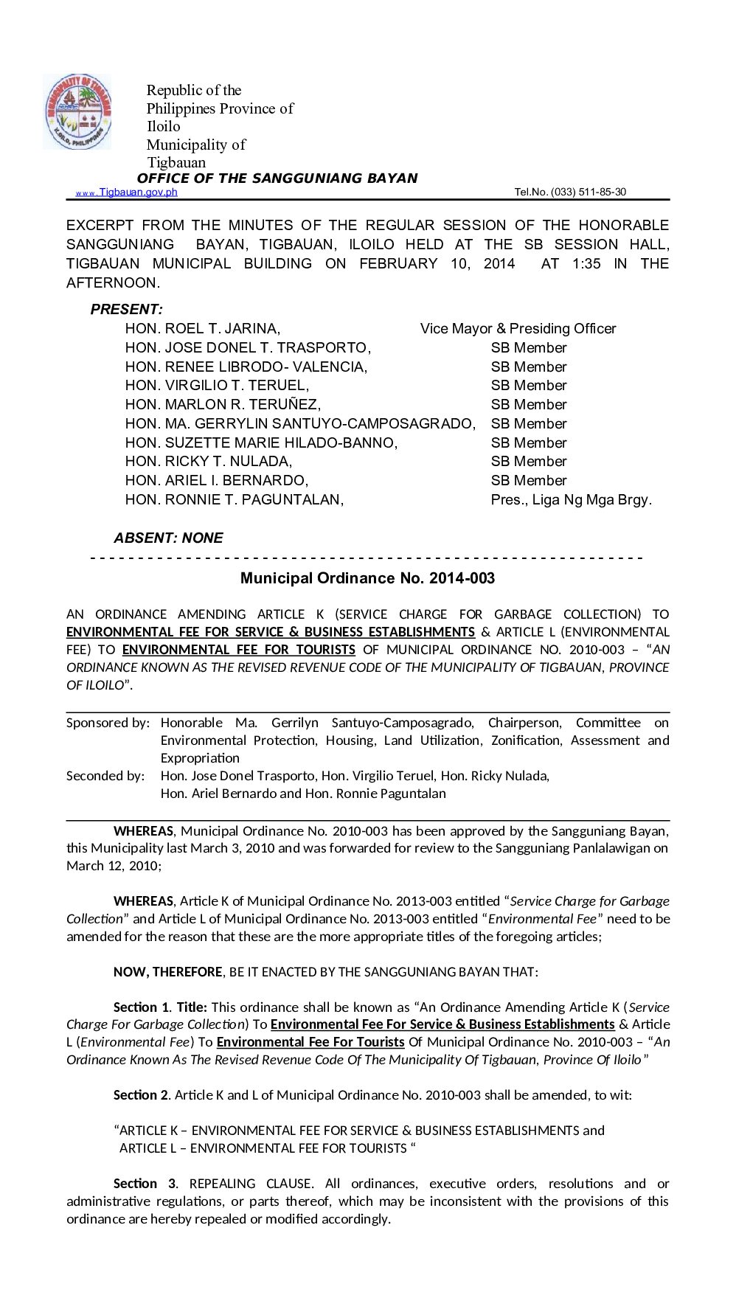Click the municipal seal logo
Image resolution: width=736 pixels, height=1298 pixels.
[77, 112]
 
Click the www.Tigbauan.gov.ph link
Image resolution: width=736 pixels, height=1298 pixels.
[127, 192]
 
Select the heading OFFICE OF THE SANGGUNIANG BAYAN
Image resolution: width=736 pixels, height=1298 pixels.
[277, 178]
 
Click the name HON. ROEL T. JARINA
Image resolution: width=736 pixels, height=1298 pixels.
[202, 329]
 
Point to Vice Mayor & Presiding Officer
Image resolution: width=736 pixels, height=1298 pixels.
[518, 329]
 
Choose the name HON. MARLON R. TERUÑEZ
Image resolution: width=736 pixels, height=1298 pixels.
[223, 405]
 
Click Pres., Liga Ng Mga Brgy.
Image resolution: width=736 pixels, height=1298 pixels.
[571, 500]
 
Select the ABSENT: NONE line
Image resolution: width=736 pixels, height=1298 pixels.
[168, 538]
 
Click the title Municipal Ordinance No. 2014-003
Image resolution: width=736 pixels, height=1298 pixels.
[367, 578]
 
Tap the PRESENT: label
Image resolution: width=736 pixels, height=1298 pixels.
[126, 310]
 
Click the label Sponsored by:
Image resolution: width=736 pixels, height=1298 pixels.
[108, 723]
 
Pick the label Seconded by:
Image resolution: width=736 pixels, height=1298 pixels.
[105, 776]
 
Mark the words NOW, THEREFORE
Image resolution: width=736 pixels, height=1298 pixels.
[167, 972]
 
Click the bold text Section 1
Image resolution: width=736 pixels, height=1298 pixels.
[142, 1007]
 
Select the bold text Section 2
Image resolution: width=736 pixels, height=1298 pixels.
[142, 1095]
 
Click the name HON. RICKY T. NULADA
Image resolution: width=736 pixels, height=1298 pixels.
[209, 462]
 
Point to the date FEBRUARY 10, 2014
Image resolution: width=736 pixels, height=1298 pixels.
[437, 264]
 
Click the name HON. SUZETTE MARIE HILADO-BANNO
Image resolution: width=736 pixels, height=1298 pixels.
[261, 443]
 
